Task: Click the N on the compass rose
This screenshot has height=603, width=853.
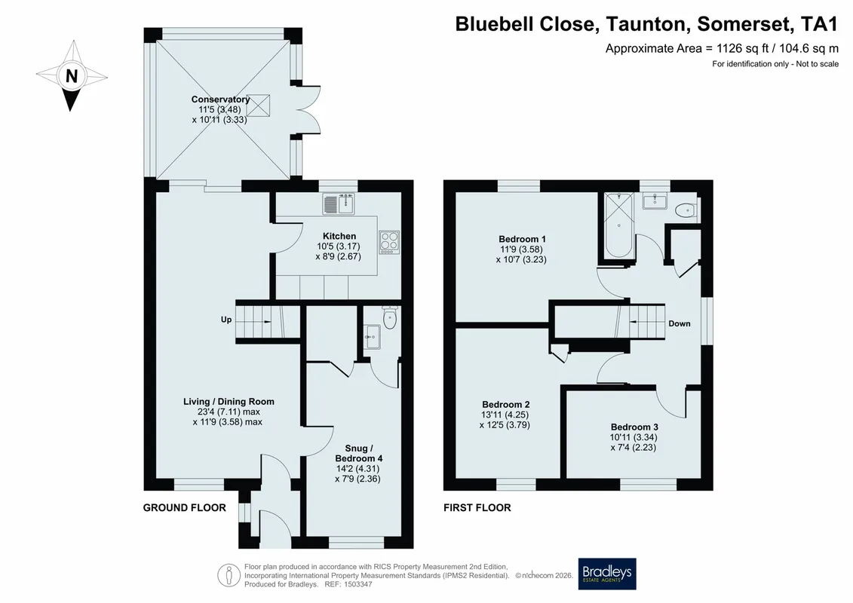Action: point(71,75)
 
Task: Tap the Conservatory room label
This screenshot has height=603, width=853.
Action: point(220,99)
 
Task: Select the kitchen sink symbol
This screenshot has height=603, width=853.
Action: point(339,204)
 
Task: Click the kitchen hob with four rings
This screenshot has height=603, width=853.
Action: point(389,242)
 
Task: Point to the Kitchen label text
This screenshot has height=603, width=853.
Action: point(339,236)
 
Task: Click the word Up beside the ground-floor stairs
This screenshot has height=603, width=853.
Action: point(226,320)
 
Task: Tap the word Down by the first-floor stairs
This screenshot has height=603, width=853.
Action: point(680,323)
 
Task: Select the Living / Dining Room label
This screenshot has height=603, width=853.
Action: point(229,402)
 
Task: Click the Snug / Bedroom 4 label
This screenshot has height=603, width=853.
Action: point(358,454)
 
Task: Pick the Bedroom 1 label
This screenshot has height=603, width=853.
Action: point(522,239)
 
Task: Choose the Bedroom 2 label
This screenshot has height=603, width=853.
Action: point(506,405)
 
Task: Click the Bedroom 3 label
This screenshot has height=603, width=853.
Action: point(634,427)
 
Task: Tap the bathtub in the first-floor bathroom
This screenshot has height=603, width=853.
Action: point(619,225)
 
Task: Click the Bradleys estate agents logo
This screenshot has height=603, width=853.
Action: point(606,574)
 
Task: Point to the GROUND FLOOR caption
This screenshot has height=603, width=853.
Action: point(185,508)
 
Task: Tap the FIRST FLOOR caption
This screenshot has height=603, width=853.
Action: point(477,508)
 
